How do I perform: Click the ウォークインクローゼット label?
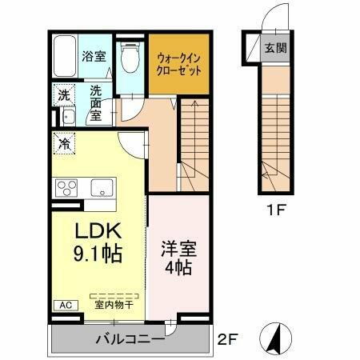coord(178,62)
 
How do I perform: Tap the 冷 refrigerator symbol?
coord(62,145)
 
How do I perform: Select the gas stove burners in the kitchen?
coord(66,188)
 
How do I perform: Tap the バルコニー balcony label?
coord(130,338)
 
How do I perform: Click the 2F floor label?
coord(227,339)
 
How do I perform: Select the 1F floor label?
coord(274,214)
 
